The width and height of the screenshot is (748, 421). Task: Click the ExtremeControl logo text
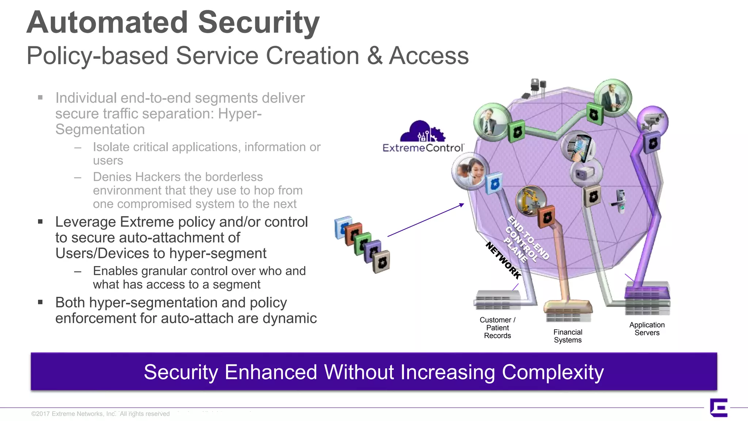tap(423, 148)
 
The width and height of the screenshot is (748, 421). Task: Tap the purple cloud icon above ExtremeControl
tap(423, 132)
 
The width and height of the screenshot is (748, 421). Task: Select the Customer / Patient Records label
tap(497, 328)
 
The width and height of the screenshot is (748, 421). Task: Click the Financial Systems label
tap(568, 336)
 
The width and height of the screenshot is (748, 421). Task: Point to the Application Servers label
tap(647, 329)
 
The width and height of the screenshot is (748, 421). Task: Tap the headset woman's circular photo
tap(470, 171)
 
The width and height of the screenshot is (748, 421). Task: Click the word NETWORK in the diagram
tap(503, 261)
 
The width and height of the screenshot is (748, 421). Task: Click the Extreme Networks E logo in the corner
tap(718, 407)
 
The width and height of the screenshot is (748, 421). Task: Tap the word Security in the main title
tap(259, 23)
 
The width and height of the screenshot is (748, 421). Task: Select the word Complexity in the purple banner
tap(553, 372)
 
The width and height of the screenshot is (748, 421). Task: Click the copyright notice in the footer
tap(100, 414)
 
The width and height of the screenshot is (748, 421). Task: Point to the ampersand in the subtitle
tap(375, 56)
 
